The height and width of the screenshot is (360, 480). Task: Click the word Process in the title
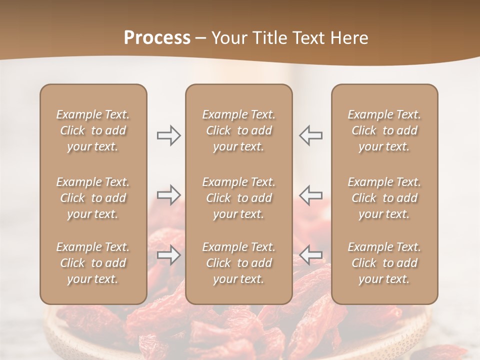pyautogui.click(x=157, y=37)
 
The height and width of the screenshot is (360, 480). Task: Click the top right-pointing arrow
pyautogui.click(x=168, y=135)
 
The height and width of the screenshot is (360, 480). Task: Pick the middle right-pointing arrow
pyautogui.click(x=168, y=195)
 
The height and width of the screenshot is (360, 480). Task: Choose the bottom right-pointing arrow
pyautogui.click(x=168, y=255)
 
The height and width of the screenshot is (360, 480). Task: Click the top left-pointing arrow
pyautogui.click(x=311, y=135)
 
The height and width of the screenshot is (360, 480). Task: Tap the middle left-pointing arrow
pyautogui.click(x=311, y=195)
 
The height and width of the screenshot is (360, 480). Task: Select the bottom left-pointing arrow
pyautogui.click(x=311, y=255)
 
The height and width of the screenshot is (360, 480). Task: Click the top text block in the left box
pyautogui.click(x=93, y=130)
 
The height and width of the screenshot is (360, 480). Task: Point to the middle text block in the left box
pyautogui.click(x=93, y=198)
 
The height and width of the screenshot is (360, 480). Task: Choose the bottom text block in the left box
pyautogui.click(x=93, y=263)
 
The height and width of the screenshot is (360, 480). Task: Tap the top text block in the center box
pyautogui.click(x=239, y=130)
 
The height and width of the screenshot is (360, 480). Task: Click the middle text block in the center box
pyautogui.click(x=239, y=198)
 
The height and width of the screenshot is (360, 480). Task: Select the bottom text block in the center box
pyautogui.click(x=239, y=263)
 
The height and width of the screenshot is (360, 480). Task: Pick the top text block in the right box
pyautogui.click(x=384, y=130)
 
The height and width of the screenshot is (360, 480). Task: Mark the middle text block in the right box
pyautogui.click(x=384, y=198)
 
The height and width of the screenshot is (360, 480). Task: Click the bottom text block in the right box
pyautogui.click(x=384, y=263)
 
